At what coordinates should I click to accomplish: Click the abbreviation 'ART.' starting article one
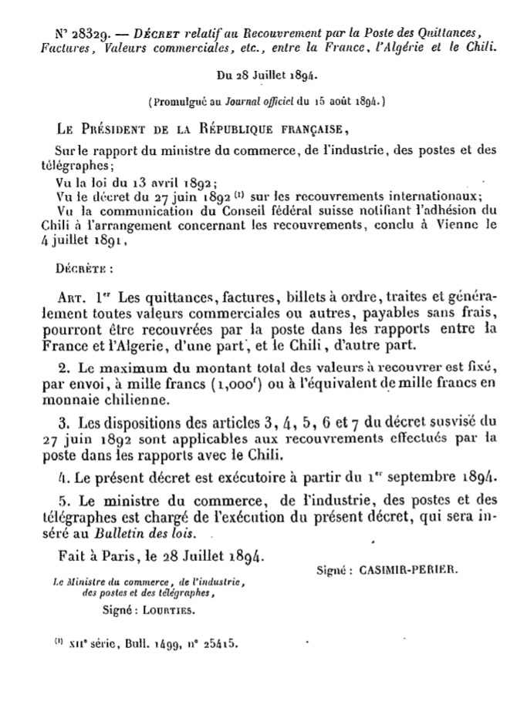[x=73, y=297]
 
